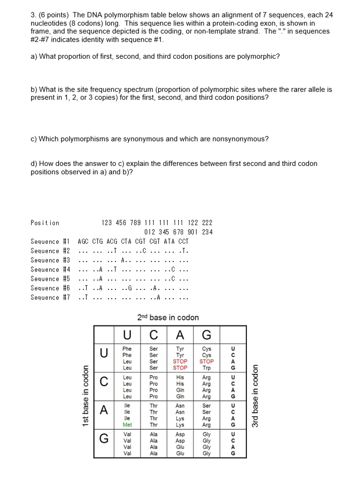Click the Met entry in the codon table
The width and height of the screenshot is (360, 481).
[x=127, y=425]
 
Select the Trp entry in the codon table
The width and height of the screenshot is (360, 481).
[x=207, y=368]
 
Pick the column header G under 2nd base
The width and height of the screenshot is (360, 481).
[x=207, y=335]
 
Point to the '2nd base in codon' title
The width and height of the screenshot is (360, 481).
[x=168, y=318]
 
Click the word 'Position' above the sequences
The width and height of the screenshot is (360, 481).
[x=45, y=223]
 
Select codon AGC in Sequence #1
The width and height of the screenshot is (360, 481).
[x=84, y=241]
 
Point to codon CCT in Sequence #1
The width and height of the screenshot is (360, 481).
[x=184, y=241]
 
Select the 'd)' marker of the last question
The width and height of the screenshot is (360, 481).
[x=34, y=163]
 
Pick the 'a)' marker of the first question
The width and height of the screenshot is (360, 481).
[x=34, y=56]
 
